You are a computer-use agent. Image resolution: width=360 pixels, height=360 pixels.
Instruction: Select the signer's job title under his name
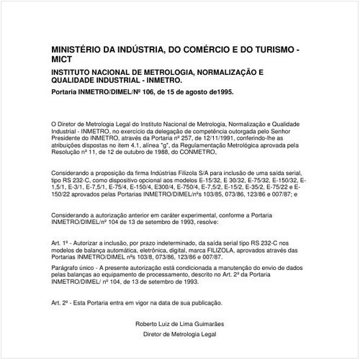point(179,335)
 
